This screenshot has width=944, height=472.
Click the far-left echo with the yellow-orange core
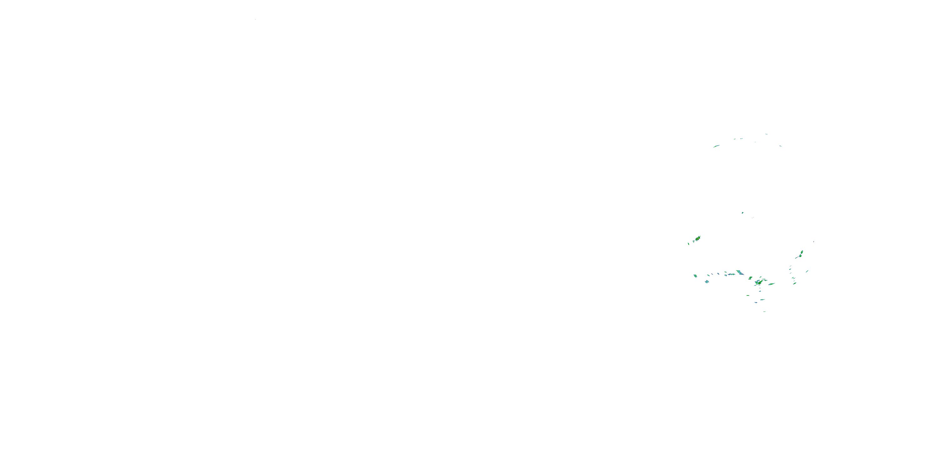[698, 238]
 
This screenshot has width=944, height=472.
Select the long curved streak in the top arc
[716, 146]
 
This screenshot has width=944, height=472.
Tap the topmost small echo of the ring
[766, 134]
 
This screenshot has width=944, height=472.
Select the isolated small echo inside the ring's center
[742, 212]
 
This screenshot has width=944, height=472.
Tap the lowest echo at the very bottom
[764, 312]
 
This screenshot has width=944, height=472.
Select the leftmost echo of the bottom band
[695, 276]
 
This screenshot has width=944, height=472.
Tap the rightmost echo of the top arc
[781, 146]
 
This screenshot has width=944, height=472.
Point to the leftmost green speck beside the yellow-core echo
[688, 244]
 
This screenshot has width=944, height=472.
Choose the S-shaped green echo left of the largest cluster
[750, 278]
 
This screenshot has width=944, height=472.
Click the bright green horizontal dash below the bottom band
[748, 295]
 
